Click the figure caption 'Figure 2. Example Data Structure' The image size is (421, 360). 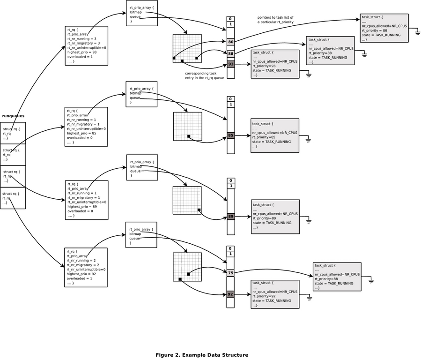(202, 355)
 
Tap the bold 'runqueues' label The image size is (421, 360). (13, 116)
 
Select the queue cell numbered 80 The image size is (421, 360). (230, 42)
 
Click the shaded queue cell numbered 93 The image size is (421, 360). (230, 64)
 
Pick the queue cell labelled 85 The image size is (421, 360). (230, 135)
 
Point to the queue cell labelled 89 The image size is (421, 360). (230, 217)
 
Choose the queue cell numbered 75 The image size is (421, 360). (230, 272)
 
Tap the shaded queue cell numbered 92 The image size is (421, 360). (230, 294)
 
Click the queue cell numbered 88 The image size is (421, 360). (230, 53)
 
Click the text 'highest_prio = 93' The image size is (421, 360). (82, 52)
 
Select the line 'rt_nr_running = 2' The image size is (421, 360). (81, 261)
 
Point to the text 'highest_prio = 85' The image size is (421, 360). (81, 133)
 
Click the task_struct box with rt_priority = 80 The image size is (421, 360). (384, 28)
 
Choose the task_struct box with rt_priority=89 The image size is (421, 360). (275, 216)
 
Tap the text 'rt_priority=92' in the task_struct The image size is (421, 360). (264, 296)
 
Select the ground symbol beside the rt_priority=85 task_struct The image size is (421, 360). (309, 139)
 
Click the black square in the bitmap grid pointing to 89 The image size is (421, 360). (199, 210)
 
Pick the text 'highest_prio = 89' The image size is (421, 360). (82, 206)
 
